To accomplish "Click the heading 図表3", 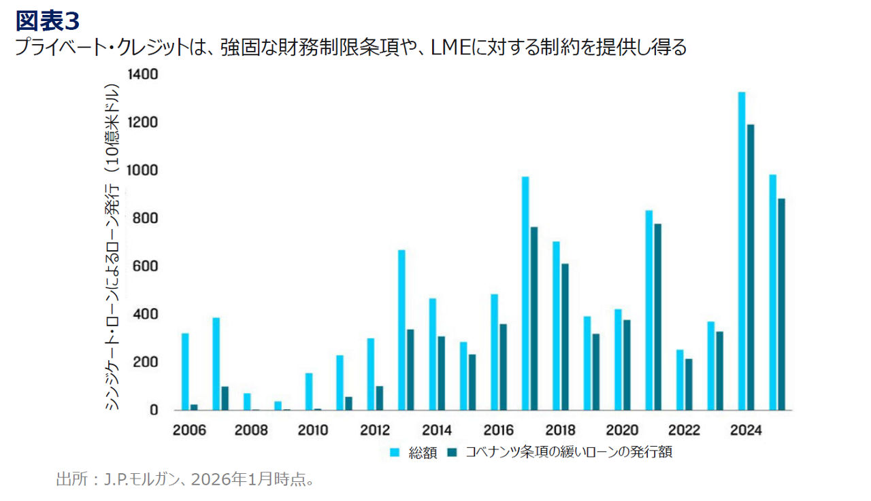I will pos(48,20).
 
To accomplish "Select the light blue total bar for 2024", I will pos(742,251).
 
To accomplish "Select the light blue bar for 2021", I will pos(649,310).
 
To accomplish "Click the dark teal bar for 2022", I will pos(688,384).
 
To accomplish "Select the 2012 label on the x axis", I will pos(374,430).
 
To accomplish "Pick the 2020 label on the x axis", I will pos(621,430).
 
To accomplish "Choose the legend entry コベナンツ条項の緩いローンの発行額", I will pos(568,452).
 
